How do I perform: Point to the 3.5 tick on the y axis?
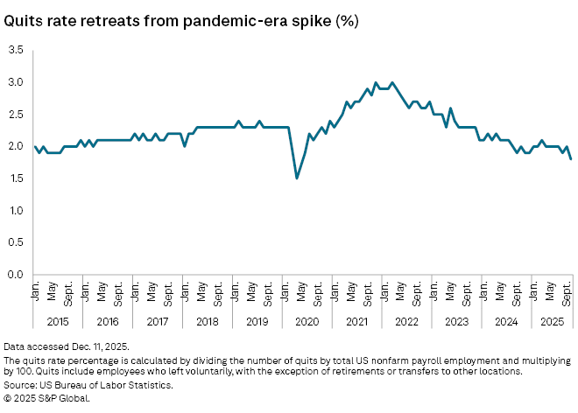16,50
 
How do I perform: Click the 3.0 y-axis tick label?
16,82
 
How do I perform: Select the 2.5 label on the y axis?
16,115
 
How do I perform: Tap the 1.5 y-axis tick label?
16,178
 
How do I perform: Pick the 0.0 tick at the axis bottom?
16,275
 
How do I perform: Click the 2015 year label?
52,322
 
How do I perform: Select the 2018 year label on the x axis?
208,322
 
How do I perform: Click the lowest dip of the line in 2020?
297,178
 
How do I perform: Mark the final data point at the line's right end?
570,159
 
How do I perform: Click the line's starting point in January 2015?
35,146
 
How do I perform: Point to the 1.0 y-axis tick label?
16,211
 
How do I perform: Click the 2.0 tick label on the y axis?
16,146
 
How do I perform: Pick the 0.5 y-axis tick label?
16,242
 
